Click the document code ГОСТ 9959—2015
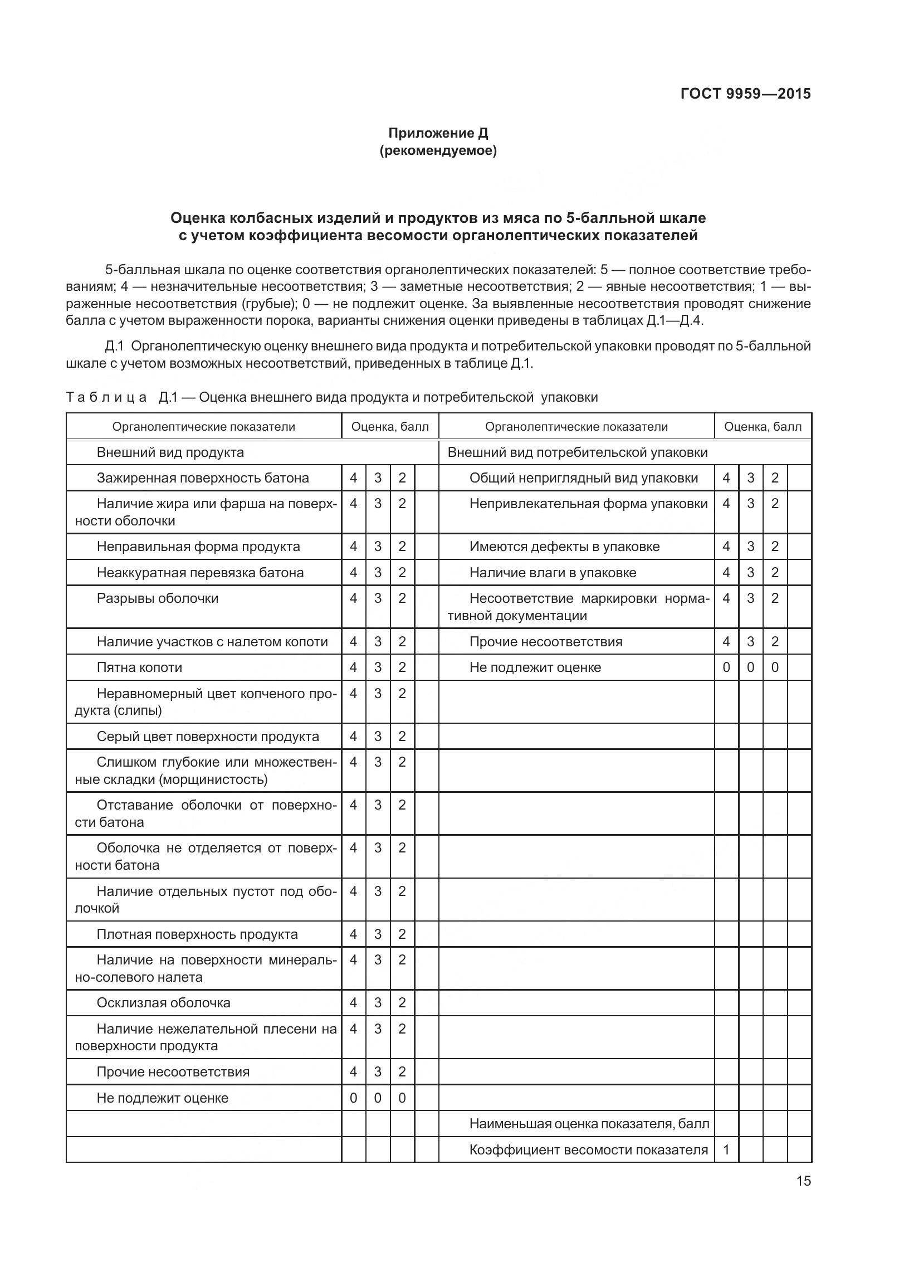745,94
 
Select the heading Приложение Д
438,133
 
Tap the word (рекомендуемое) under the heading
438,150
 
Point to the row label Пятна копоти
139,667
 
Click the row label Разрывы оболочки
158,598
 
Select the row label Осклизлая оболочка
163,1003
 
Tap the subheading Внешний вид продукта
170,452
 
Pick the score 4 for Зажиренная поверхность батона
353,478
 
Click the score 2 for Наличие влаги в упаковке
775,573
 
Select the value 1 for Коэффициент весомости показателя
726,1150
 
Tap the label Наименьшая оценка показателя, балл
589,1124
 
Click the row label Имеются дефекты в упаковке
564,547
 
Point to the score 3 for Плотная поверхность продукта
378,934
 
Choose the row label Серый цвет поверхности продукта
208,737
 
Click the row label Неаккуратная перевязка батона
200,573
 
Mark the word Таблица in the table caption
106,397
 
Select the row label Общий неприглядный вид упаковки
583,478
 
